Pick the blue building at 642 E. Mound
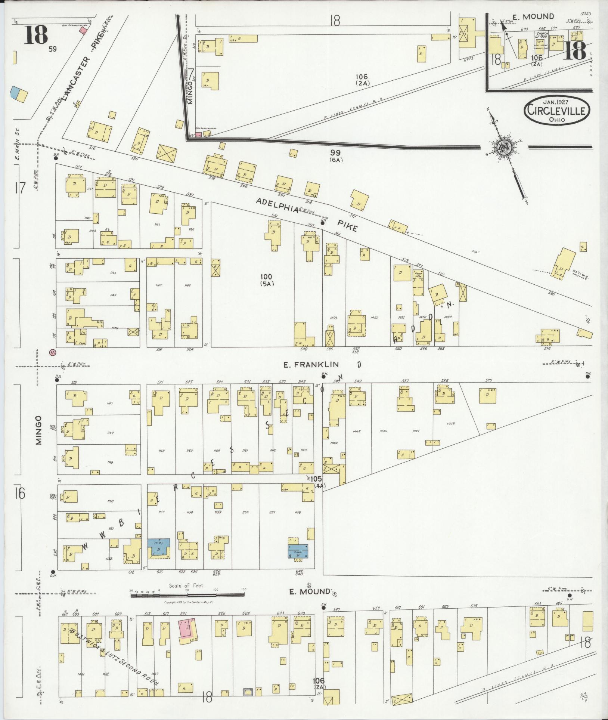pos(298,551)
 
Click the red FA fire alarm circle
pos(52,352)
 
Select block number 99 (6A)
pos(336,155)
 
